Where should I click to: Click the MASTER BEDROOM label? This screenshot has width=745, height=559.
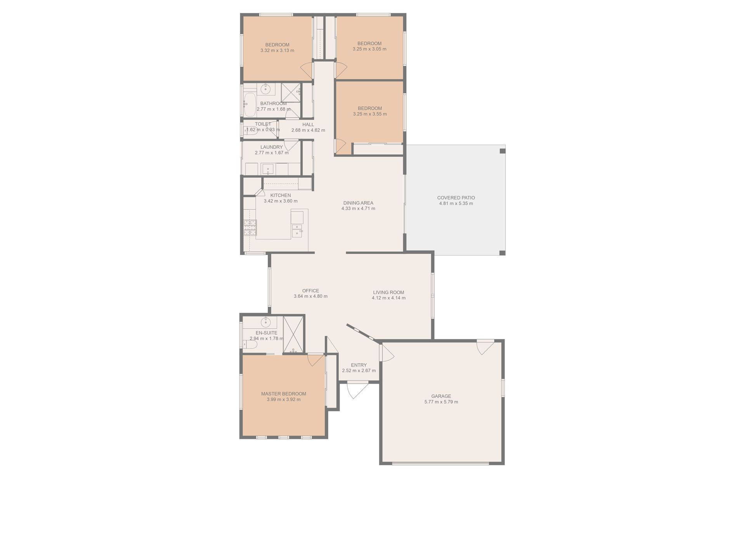284,394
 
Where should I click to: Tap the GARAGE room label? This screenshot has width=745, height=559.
441,396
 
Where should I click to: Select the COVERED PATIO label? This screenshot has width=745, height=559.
456,198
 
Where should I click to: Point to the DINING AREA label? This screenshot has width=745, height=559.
358,203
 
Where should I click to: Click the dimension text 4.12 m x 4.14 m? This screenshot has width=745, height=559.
388,298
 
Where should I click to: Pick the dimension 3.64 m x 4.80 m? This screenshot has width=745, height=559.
310,296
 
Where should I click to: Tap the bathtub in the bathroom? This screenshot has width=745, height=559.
250,104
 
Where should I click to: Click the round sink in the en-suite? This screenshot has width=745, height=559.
266,322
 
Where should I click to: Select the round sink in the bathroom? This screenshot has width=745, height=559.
265,89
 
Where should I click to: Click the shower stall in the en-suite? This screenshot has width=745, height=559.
293,335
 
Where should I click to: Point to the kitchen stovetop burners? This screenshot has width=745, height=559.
250,228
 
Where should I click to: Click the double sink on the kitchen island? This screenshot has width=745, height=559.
297,230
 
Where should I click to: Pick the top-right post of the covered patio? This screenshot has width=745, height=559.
502,151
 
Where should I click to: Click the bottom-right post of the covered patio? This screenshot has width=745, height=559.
502,253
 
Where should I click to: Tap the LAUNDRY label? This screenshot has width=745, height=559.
272,148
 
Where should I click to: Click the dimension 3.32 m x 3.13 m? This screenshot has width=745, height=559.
277,50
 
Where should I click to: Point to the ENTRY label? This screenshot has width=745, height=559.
359,365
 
